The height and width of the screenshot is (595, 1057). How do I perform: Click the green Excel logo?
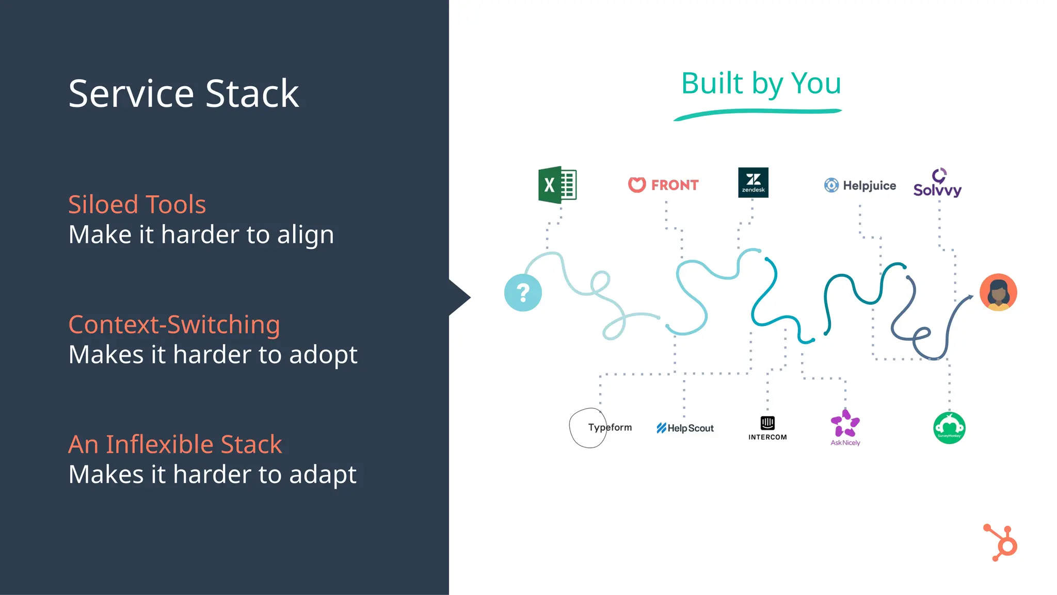[x=557, y=185]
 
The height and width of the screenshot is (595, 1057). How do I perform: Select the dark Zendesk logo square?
[x=753, y=182]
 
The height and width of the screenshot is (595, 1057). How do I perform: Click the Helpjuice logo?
[x=860, y=185]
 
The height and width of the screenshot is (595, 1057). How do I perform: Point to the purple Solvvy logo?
[x=937, y=184]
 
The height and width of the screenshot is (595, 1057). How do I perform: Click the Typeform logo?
[x=609, y=428]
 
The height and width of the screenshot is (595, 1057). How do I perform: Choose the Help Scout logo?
[x=685, y=428]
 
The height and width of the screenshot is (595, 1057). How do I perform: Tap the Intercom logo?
[x=767, y=428]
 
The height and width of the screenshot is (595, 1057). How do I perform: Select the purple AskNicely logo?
[x=845, y=427]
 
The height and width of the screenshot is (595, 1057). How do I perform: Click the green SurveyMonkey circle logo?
[x=949, y=428]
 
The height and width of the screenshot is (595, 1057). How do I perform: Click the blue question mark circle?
[x=523, y=293]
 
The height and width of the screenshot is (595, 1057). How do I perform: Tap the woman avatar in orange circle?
[x=998, y=292]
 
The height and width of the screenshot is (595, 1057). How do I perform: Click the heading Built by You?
[x=761, y=84]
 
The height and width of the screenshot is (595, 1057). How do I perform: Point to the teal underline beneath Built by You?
[x=758, y=113]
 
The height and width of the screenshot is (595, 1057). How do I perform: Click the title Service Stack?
[x=183, y=93]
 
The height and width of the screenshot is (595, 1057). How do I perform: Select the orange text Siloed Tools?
[x=137, y=205]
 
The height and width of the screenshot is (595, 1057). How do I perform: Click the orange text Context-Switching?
[x=174, y=325]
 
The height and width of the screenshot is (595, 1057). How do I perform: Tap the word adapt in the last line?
[x=323, y=475]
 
